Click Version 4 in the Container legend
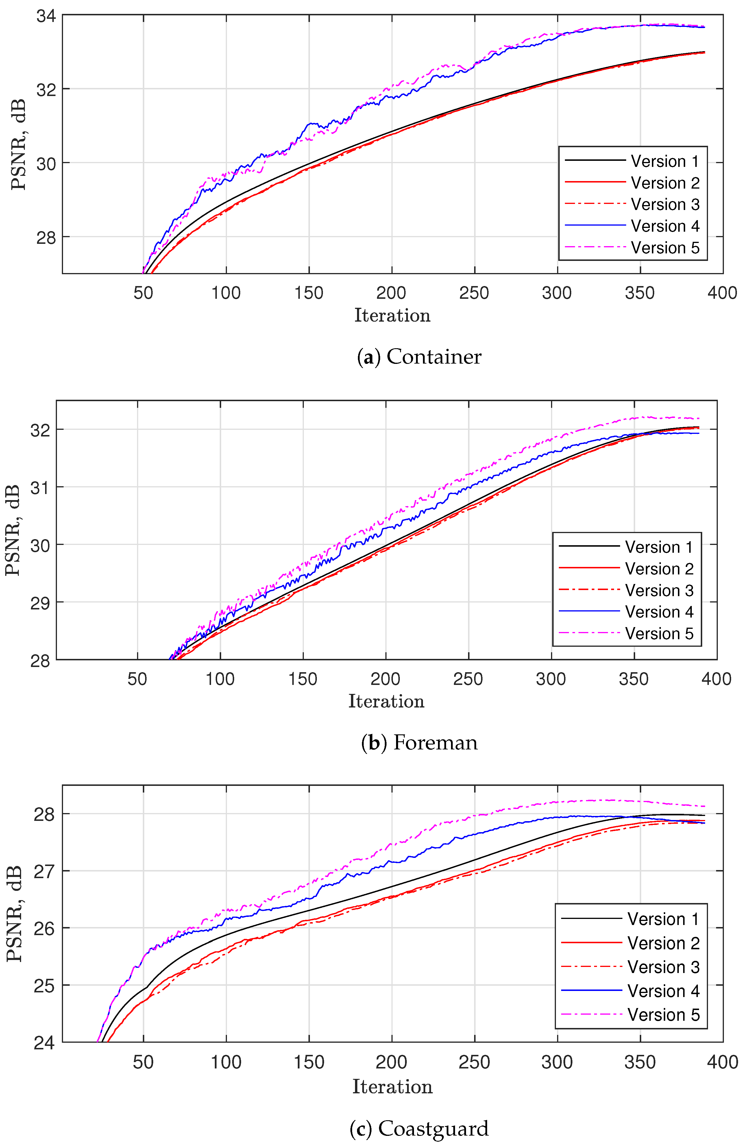[664, 226]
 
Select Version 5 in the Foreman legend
[659, 633]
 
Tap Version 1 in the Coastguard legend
[663, 919]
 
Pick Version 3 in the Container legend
[664, 204]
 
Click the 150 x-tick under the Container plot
[308, 293]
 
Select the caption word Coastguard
[433, 1129]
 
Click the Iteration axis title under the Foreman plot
[386, 701]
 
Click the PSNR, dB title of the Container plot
[18, 144]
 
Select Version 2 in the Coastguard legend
[663, 943]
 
